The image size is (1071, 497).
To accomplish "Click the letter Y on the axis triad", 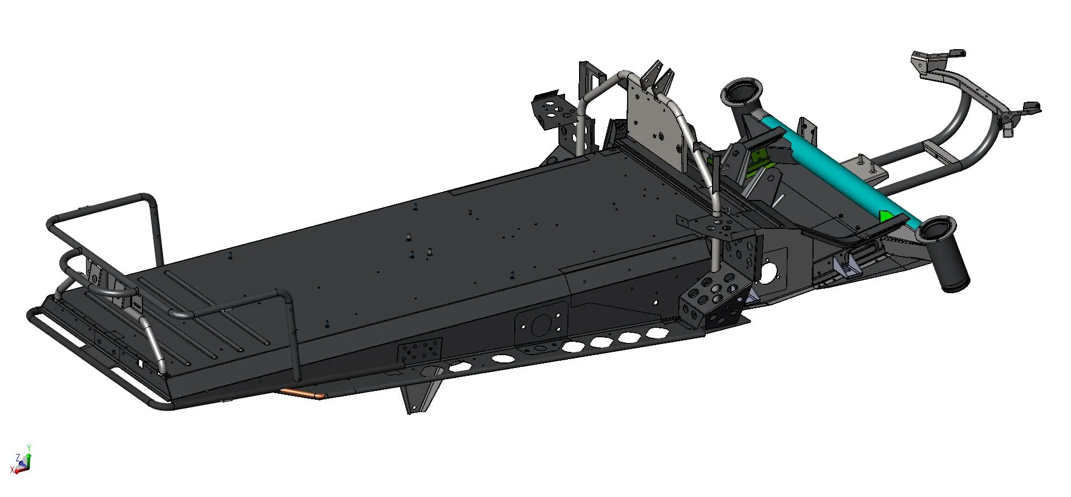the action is [29, 447].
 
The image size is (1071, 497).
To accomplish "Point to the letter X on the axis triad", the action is [12, 470].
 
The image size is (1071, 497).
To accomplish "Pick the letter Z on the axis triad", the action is [18, 457].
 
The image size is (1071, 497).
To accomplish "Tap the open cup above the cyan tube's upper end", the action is [742, 93].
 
